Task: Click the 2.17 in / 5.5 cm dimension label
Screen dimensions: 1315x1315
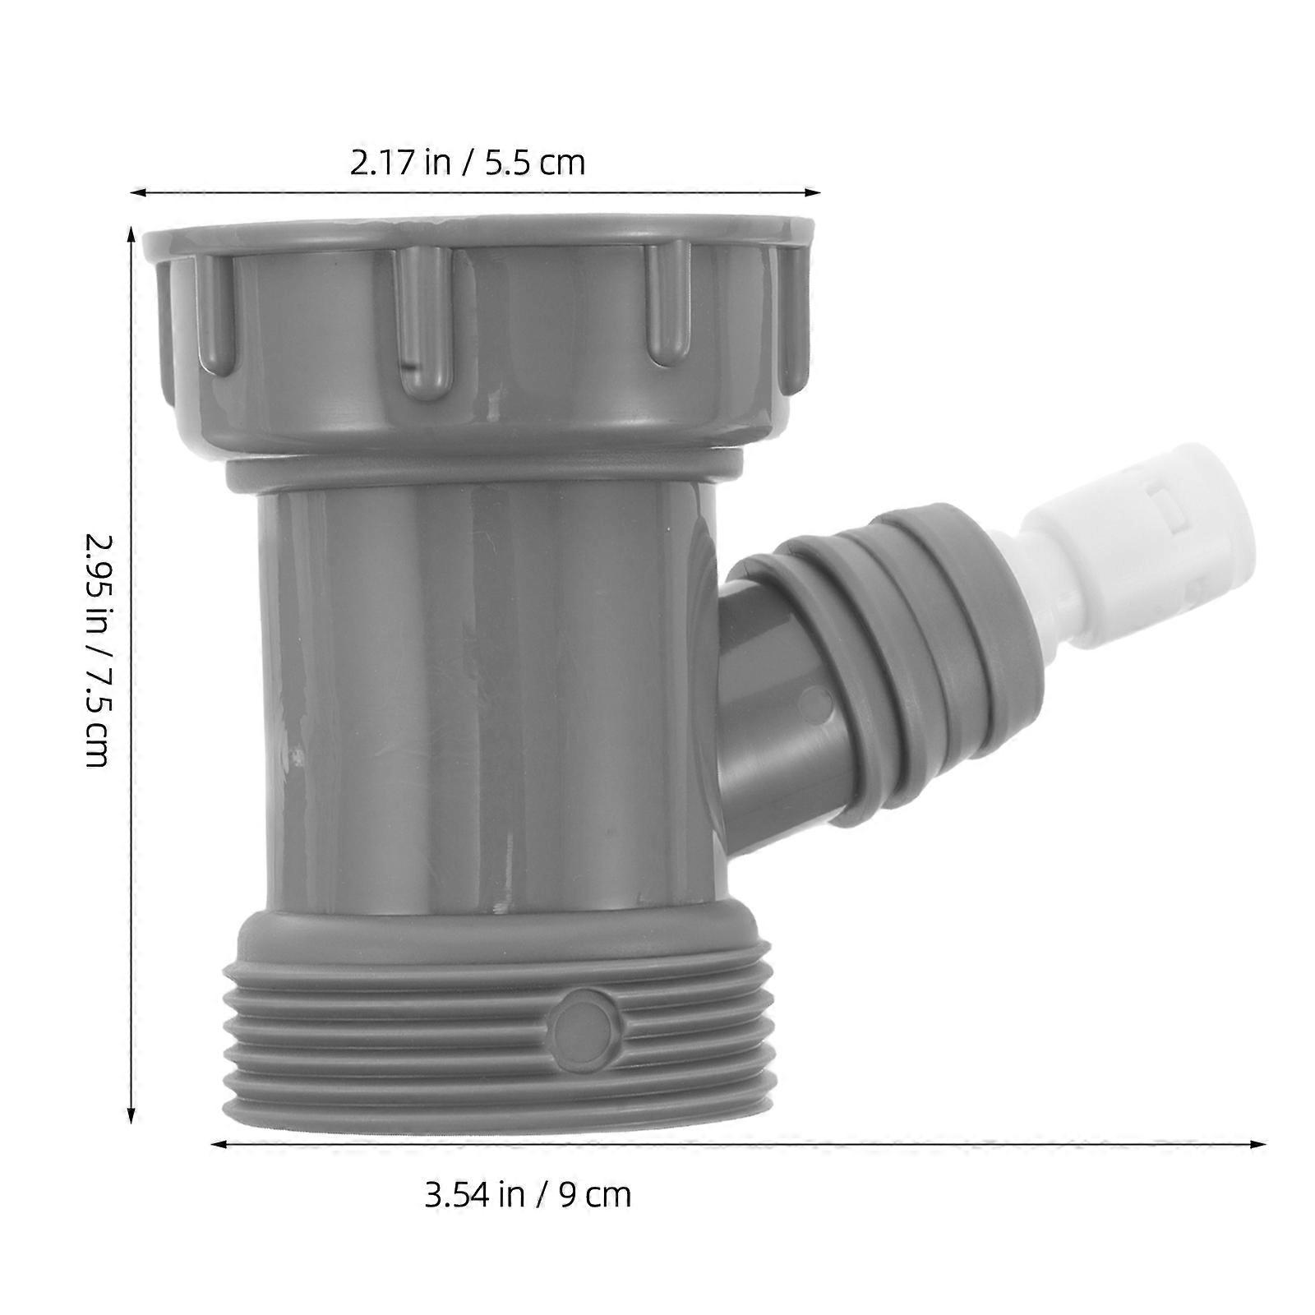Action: pyautogui.click(x=468, y=163)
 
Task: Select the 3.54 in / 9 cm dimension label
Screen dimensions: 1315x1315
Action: pyautogui.click(x=528, y=1194)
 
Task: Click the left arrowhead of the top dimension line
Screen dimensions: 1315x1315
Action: pyautogui.click(x=136, y=193)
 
